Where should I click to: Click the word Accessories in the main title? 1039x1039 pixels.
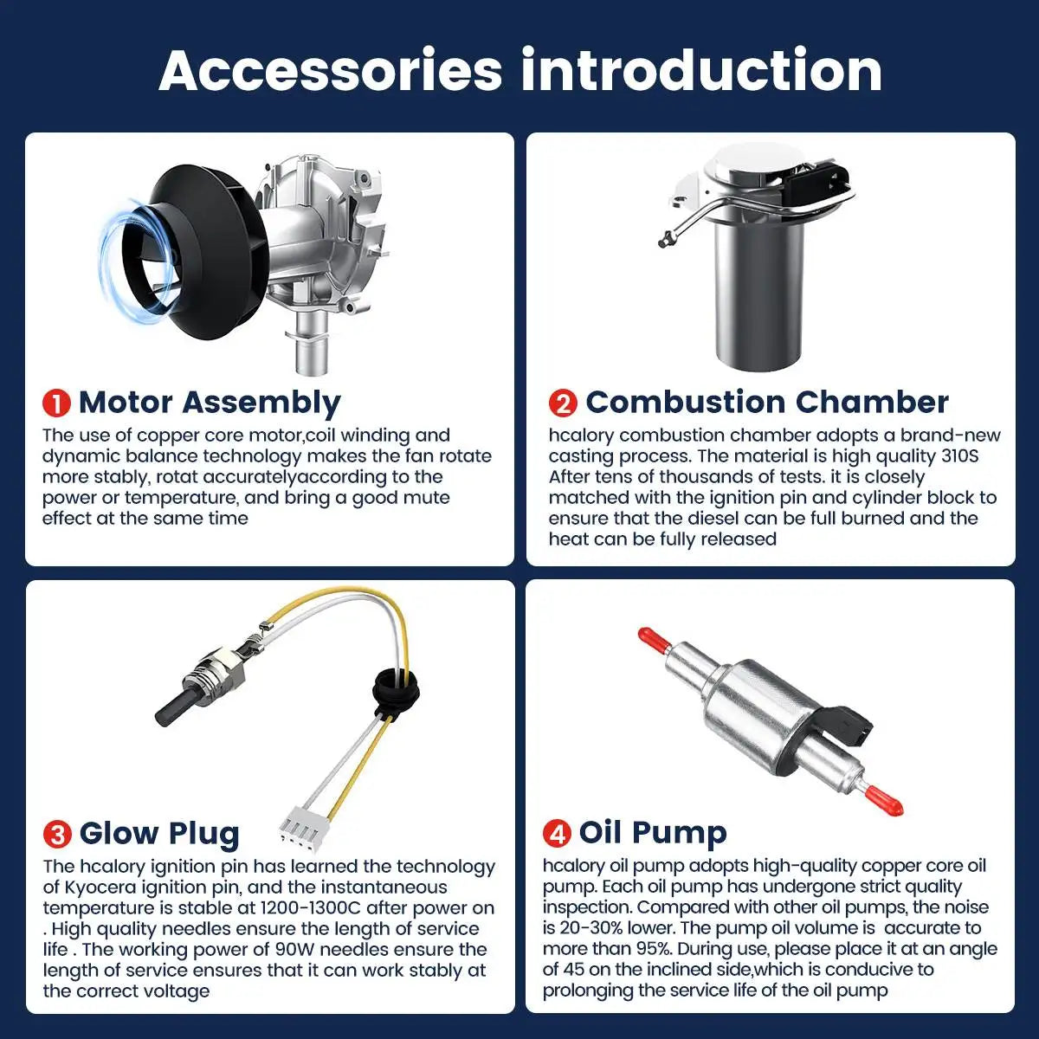tap(331, 71)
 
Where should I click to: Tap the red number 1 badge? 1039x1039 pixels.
tap(56, 403)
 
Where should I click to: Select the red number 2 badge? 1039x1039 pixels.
tap(563, 403)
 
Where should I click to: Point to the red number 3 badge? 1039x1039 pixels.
tap(57, 834)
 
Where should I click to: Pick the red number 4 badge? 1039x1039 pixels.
tap(557, 833)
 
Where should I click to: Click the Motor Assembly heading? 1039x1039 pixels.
tap(210, 403)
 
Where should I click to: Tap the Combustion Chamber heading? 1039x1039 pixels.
tap(767, 403)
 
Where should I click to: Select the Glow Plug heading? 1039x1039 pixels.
tap(159, 835)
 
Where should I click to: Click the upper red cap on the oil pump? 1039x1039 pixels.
tap(654, 638)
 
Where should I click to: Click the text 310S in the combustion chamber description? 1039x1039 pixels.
tap(959, 456)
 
